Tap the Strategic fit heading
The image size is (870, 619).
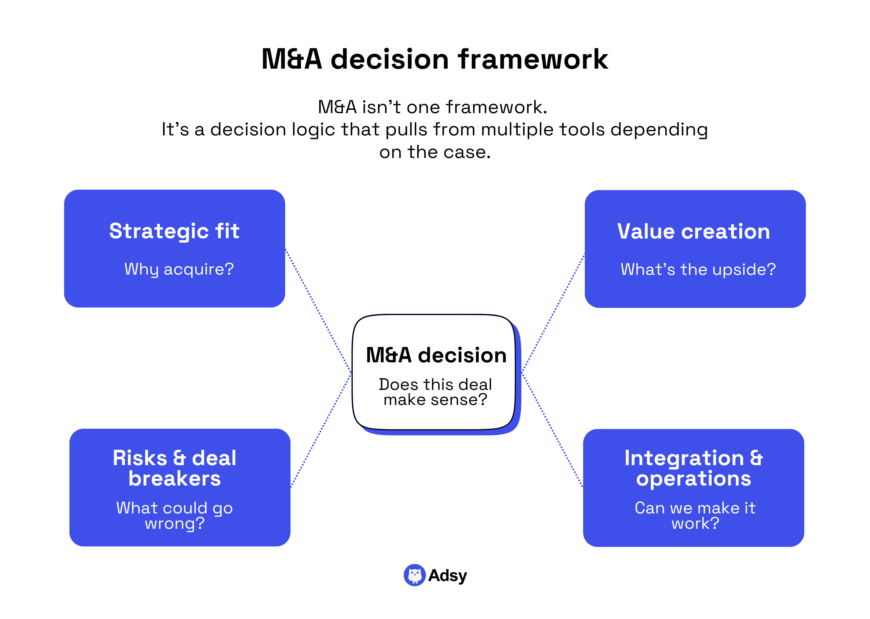coord(174,231)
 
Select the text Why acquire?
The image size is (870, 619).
coord(179,269)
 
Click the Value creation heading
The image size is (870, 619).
coord(693,231)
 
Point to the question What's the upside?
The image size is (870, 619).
coord(698,270)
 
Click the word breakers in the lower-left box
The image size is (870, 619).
coord(174,478)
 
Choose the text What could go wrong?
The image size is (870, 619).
coord(174,515)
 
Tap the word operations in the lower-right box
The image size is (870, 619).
coord(693,478)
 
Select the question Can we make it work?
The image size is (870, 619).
coord(695,515)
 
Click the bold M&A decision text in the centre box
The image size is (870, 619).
coord(436,355)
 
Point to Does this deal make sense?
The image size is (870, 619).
coord(435,392)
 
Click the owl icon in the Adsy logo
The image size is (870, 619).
coord(414,575)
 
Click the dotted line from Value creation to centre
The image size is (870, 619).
coord(553,312)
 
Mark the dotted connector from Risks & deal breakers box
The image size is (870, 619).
coord(321,431)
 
